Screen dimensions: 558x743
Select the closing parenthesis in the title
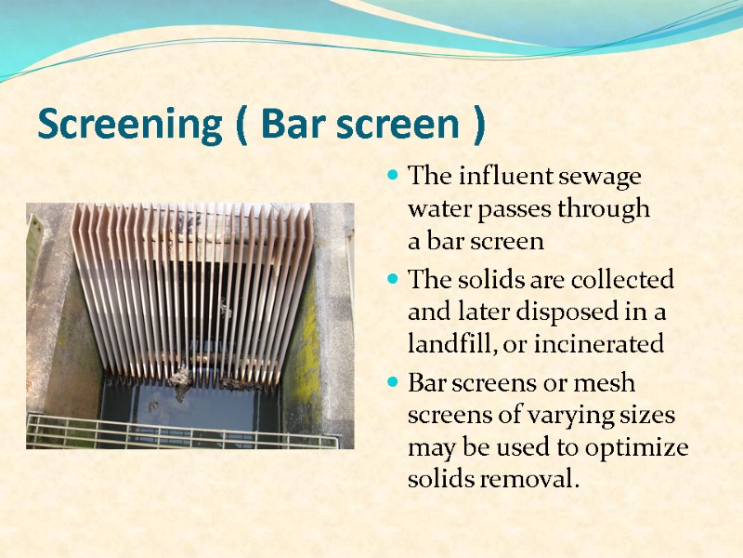click(477, 126)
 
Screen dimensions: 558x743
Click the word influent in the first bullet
click(499, 176)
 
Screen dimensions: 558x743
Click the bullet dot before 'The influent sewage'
click(394, 176)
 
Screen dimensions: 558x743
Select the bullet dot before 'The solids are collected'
click(394, 279)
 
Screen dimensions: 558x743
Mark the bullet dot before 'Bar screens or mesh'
click(394, 381)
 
